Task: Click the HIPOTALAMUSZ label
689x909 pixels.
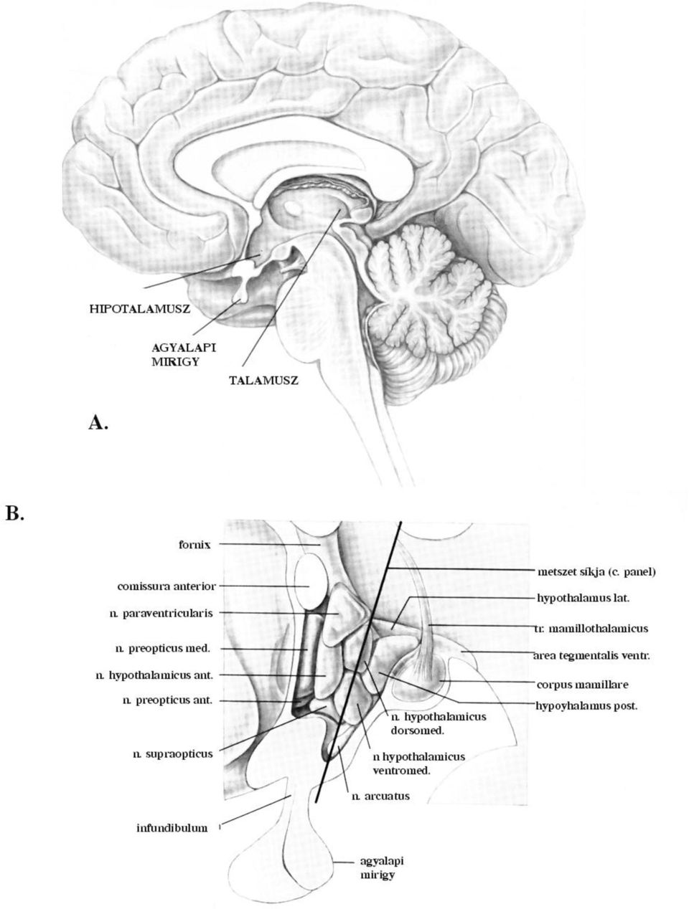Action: (140, 308)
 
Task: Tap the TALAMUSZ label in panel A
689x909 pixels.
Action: (263, 381)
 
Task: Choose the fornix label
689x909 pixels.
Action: (194, 545)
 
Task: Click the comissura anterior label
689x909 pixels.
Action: (167, 586)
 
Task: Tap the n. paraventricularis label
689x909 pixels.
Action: (161, 614)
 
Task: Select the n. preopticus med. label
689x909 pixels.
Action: (162, 649)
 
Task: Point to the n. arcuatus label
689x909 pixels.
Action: (380, 796)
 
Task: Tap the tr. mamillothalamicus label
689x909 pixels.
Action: (591, 629)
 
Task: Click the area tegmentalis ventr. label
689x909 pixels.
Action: (591, 656)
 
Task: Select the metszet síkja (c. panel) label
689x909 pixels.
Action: (596, 572)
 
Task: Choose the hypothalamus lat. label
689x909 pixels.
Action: (583, 599)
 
